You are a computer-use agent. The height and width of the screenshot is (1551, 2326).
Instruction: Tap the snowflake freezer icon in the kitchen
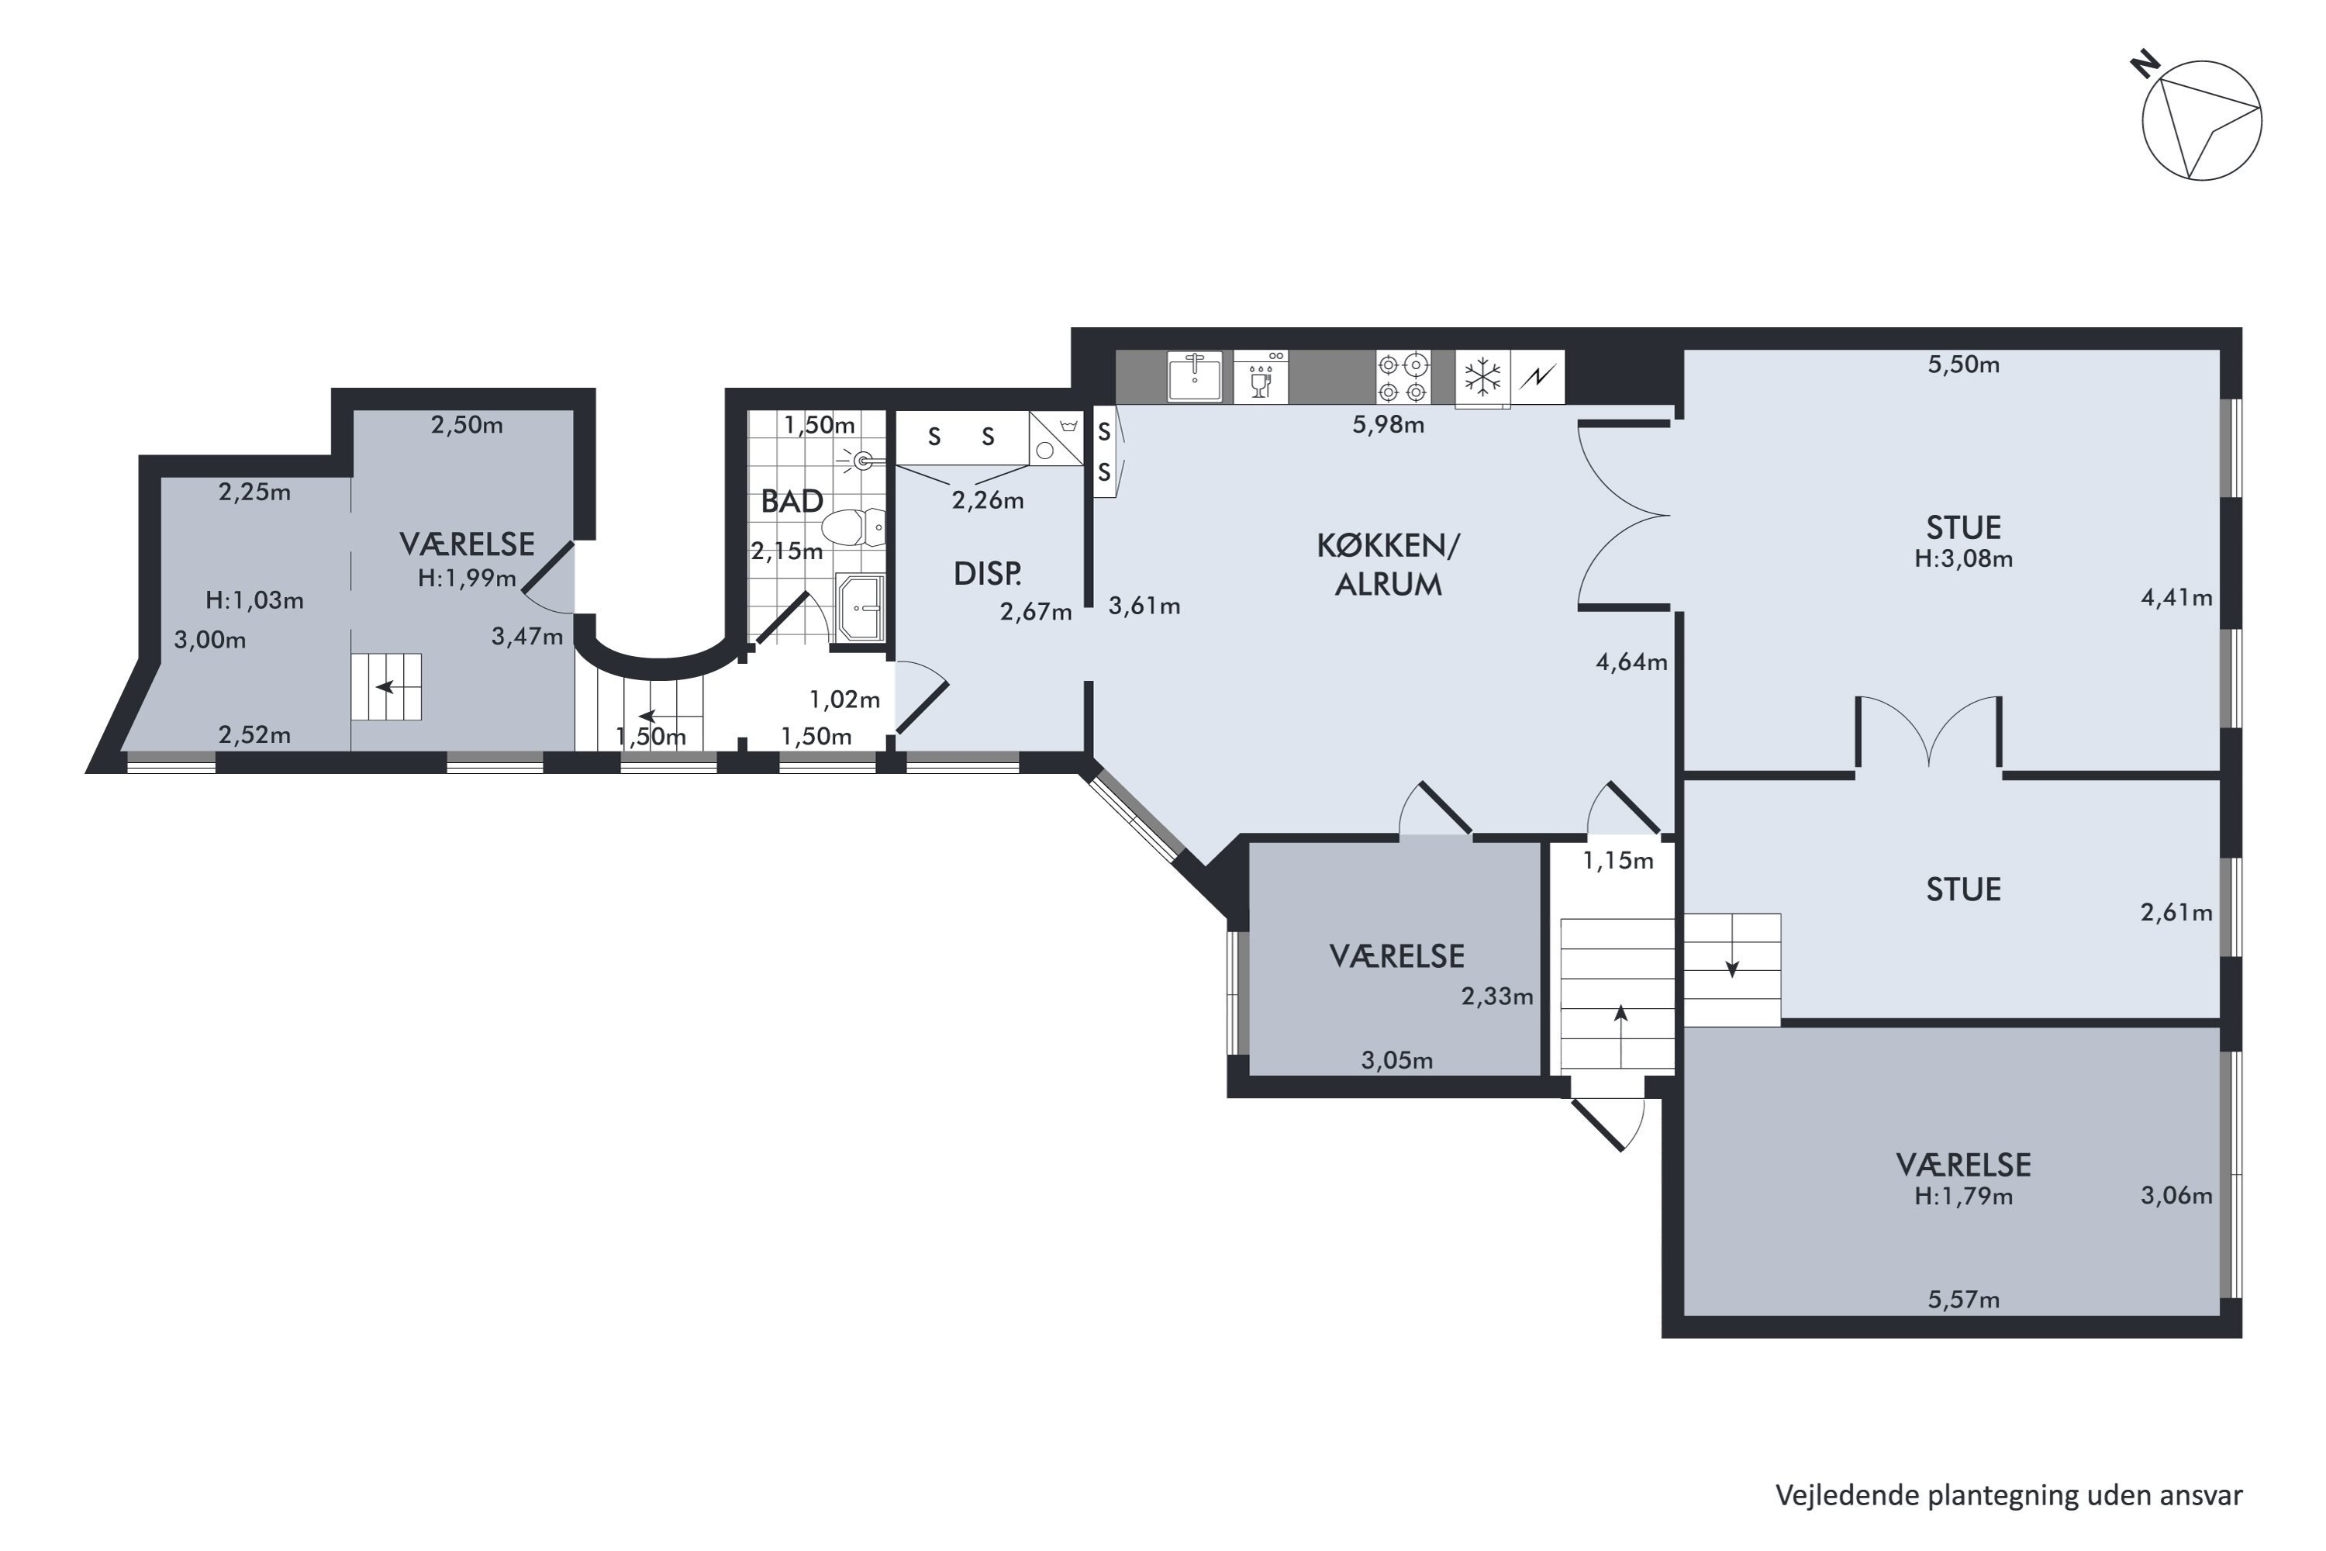click(x=1482, y=377)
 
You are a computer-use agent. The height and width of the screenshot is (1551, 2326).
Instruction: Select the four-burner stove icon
click(x=1403, y=377)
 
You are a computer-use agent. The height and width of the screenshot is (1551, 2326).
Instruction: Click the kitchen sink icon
click(x=1195, y=376)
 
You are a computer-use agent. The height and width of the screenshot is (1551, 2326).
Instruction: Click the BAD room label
click(x=791, y=502)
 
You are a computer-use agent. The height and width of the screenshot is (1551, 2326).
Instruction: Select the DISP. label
click(x=987, y=574)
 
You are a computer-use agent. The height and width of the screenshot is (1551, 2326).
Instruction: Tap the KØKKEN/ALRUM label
click(x=1388, y=565)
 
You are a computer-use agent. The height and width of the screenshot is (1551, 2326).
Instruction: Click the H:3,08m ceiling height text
click(x=1963, y=559)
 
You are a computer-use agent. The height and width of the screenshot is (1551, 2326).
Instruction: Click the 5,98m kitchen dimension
click(x=1388, y=425)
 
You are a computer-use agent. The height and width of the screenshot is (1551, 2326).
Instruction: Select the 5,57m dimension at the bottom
click(x=1963, y=1300)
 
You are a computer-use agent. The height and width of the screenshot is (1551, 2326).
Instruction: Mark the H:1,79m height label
click(x=1963, y=1197)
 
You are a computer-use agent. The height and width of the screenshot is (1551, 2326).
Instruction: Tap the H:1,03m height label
click(x=254, y=600)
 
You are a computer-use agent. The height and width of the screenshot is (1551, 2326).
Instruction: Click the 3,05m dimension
click(x=1396, y=1060)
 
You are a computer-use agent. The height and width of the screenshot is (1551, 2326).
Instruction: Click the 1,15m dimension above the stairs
click(x=1618, y=861)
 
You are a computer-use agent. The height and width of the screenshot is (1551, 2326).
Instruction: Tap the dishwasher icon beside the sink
click(x=1261, y=377)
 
